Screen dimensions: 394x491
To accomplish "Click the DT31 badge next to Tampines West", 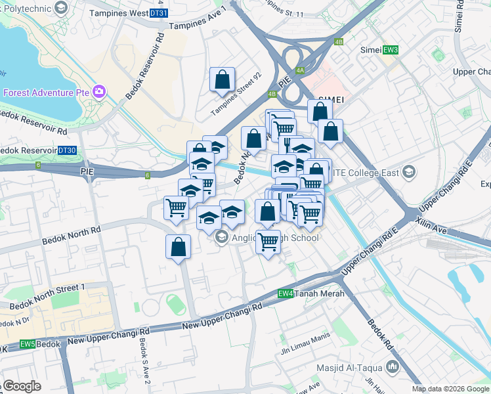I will [158, 13].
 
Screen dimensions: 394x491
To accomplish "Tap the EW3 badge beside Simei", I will [391, 50].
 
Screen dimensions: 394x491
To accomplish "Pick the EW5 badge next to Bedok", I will [28, 344].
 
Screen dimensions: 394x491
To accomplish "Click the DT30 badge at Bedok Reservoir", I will [67, 150].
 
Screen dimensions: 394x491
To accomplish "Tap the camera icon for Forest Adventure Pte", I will [100, 91].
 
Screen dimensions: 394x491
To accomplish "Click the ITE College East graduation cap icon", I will [409, 172].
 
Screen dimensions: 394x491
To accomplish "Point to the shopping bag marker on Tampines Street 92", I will [223, 80].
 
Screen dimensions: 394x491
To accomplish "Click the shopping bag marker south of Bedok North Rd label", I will [178, 248].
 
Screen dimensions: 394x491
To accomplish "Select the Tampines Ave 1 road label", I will [197, 18].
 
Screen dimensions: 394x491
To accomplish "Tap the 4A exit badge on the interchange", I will [300, 70].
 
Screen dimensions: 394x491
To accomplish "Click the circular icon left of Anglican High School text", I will [221, 238].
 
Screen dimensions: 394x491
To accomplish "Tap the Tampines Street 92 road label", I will [236, 95].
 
